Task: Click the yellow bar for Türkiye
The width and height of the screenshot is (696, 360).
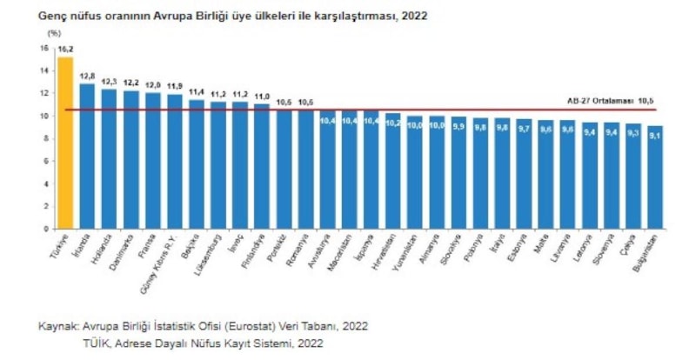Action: tap(65, 143)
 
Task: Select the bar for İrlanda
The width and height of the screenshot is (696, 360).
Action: tap(87, 157)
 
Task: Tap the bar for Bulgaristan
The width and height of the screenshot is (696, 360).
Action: tap(655, 177)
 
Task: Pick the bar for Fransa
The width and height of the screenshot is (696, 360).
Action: tap(153, 161)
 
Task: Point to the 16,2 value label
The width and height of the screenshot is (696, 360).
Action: tap(65, 51)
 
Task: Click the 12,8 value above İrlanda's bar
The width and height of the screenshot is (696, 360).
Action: tap(87, 77)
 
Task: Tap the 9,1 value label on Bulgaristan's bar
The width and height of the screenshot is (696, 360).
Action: tap(655, 133)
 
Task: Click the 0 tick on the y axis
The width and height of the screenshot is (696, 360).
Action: tap(46, 229)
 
